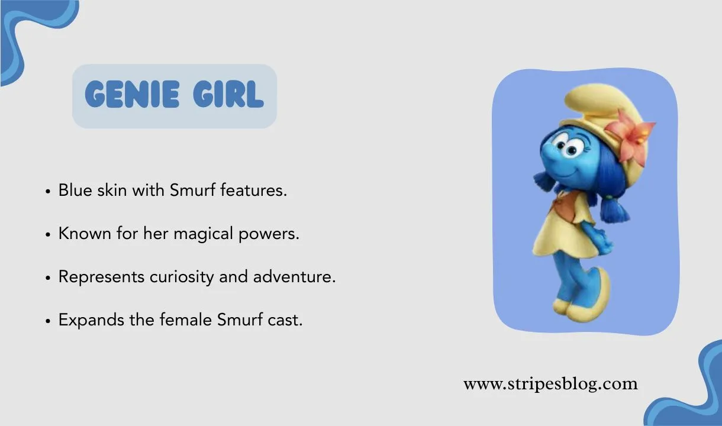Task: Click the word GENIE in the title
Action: (131, 95)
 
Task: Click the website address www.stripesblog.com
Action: (550, 384)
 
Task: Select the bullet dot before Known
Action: (48, 235)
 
